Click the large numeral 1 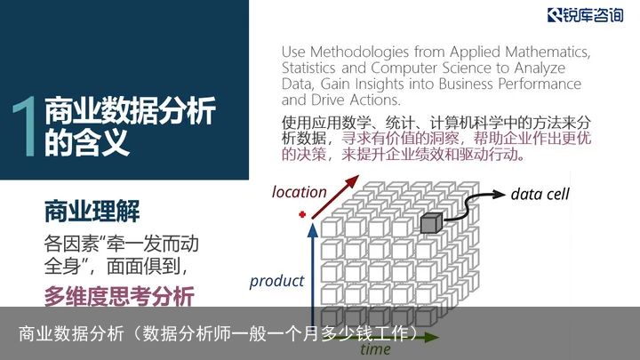(x=25, y=126)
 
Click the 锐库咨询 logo (x=585, y=15)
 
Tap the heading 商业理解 (x=92, y=211)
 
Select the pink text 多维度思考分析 (x=119, y=296)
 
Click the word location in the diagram (x=300, y=192)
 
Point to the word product (x=276, y=281)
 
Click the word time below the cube (x=375, y=349)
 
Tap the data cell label (x=540, y=195)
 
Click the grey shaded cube (x=431, y=223)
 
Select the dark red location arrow (x=335, y=196)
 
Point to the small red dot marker (x=302, y=214)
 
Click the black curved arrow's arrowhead (x=500, y=195)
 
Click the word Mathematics (x=548, y=52)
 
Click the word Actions (x=375, y=100)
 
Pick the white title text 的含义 (x=87, y=142)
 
